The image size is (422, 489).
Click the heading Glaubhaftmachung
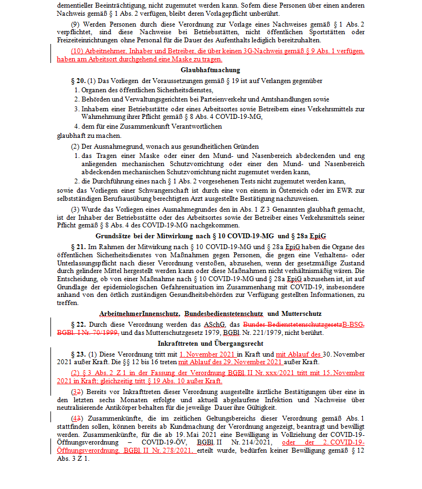210,70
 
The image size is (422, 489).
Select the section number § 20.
78,81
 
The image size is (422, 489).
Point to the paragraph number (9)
76,25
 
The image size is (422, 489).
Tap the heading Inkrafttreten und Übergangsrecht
210,344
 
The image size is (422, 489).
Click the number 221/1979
242,332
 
